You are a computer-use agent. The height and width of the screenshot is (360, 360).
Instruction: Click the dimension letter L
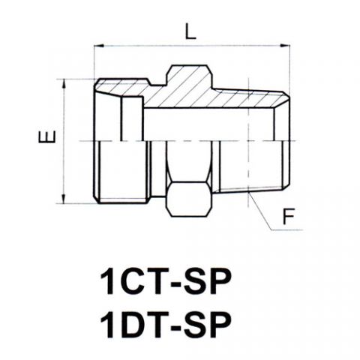[190, 31]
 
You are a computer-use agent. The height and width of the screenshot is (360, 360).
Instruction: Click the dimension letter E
[46, 137]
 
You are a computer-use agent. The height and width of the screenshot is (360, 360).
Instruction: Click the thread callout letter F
[289, 216]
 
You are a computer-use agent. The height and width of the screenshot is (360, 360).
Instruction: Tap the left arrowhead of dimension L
[98, 46]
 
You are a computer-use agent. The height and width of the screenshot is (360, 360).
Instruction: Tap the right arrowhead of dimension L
[285, 46]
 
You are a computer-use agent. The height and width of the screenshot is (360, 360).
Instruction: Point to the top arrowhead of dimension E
[64, 84]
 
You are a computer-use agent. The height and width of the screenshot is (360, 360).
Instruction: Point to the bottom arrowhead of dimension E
[64, 199]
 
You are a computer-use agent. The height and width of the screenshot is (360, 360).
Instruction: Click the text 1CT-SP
[165, 282]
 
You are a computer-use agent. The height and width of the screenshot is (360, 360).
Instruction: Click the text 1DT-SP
[165, 325]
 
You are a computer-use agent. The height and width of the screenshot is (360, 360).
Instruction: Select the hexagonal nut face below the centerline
[189, 199]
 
